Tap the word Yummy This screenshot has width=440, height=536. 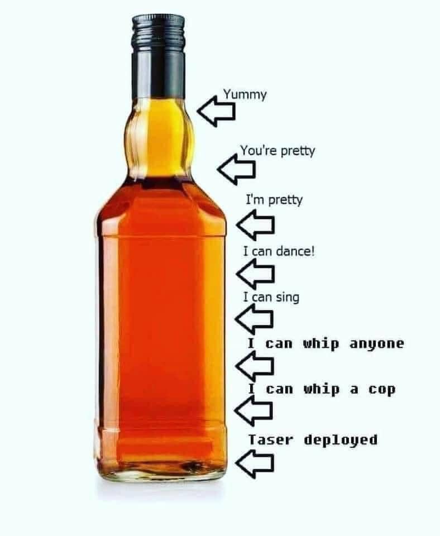245,95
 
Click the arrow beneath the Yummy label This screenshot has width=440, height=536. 216,111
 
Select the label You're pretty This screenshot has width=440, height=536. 278,151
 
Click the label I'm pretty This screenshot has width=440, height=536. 274,200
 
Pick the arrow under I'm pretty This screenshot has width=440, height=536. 255,224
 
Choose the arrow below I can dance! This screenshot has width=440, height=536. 255,274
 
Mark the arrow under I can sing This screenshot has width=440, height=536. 254,319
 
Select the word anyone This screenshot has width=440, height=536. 377,343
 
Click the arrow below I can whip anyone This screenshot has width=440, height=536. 255,366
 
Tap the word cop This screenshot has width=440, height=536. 382,390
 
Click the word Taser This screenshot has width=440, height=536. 270,439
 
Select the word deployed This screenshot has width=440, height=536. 341,440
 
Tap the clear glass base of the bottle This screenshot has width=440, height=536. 161,473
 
